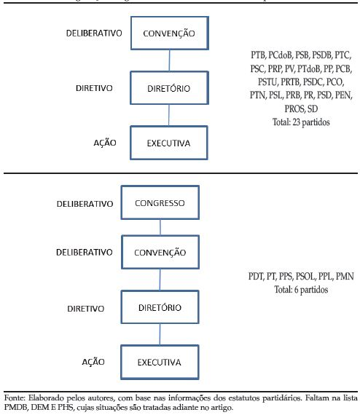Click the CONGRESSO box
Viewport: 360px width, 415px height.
[160, 204]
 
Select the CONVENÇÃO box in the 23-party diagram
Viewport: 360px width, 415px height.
[169, 34]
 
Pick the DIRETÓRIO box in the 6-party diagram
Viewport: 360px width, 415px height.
[160, 307]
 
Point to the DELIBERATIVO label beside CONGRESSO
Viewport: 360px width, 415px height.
[85, 204]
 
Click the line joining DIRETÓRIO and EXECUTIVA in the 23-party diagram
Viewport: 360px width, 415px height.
[169, 115]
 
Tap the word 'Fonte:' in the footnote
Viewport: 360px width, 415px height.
[15, 399]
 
